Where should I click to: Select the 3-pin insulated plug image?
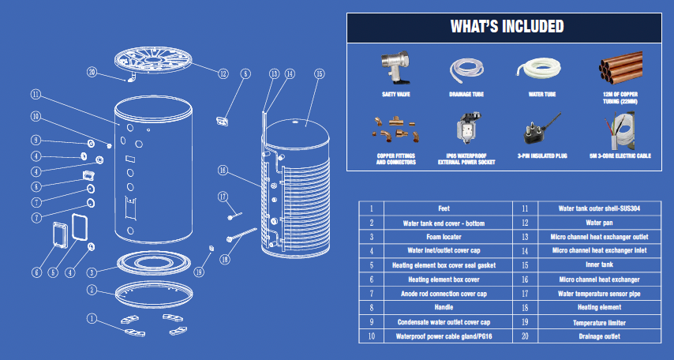[x=542, y=128]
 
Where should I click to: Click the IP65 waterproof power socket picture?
[x=469, y=128]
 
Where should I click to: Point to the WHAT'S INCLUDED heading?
[x=507, y=27]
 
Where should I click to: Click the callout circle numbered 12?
[x=223, y=73]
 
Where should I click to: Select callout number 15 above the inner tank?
[x=319, y=74]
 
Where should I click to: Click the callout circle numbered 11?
[x=36, y=94]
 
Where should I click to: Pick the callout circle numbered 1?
[x=92, y=318]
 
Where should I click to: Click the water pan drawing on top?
[x=153, y=60]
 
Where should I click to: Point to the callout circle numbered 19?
[x=199, y=272]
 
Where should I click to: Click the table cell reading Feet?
[x=444, y=208]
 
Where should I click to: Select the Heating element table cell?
[x=599, y=308]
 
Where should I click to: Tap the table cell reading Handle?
[x=444, y=308]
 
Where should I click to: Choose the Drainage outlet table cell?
[x=599, y=336]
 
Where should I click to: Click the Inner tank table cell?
[x=599, y=265]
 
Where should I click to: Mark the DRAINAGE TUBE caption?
[x=466, y=94]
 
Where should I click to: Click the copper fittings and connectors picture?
[x=396, y=128]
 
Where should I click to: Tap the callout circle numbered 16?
[x=223, y=171]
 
